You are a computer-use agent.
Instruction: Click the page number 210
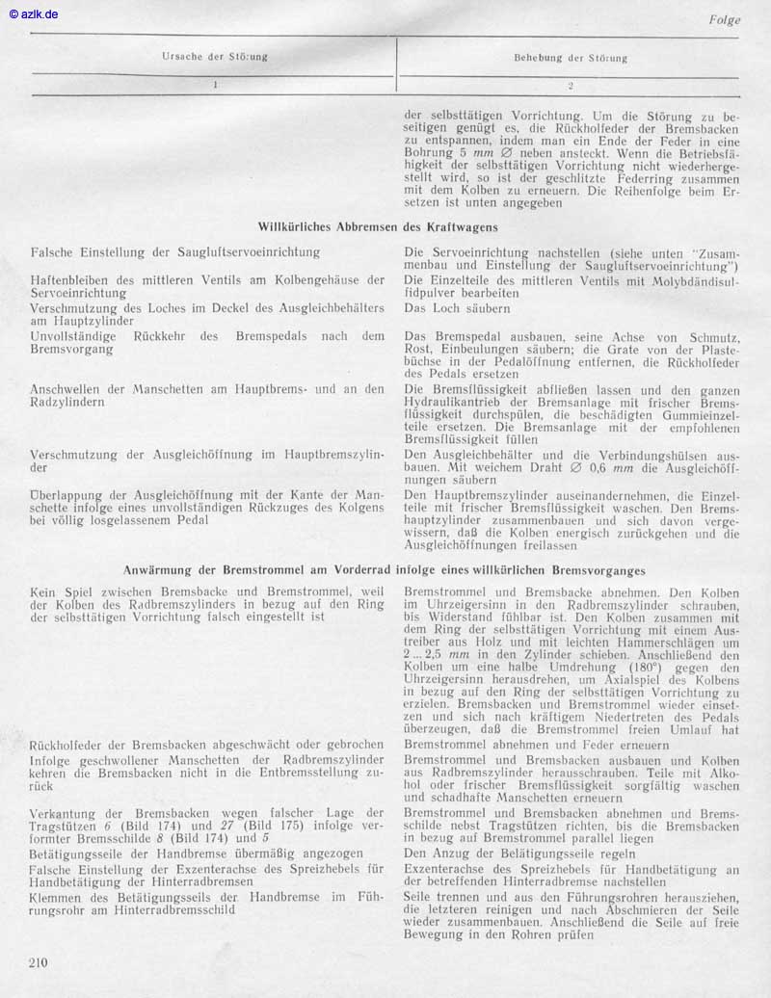pyautogui.click(x=39, y=961)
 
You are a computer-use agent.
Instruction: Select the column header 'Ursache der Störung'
pyautogui.click(x=214, y=57)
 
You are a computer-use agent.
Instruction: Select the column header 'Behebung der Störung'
pyautogui.click(x=571, y=58)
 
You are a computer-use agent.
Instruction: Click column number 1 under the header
pyautogui.click(x=215, y=86)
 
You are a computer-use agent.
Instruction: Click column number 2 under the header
pyautogui.click(x=571, y=86)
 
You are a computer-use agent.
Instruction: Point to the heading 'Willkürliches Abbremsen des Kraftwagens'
pyautogui.click(x=378, y=227)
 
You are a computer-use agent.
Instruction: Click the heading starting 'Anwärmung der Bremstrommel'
pyautogui.click(x=385, y=570)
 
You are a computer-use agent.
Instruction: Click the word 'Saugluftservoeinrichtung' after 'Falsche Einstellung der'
pyautogui.click(x=236, y=252)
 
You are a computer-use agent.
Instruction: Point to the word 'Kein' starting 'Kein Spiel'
pyautogui.click(x=44, y=591)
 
